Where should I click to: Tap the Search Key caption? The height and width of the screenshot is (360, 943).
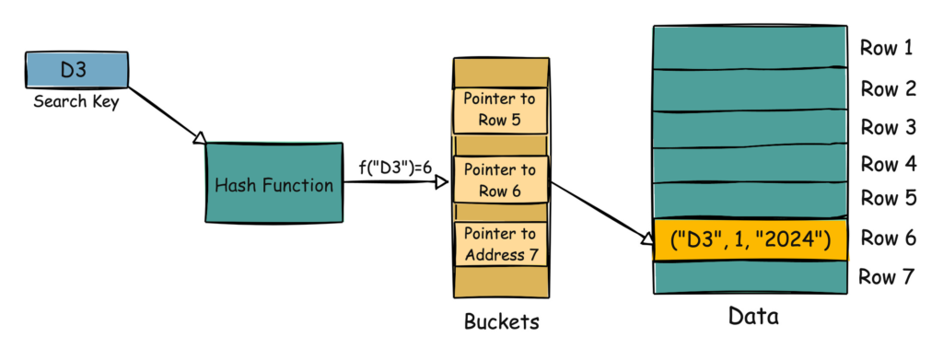(x=76, y=101)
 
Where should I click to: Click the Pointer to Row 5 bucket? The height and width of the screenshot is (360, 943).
(x=500, y=110)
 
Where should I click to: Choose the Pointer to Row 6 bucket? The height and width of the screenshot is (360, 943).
(x=500, y=180)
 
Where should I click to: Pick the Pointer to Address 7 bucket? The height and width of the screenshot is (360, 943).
(x=500, y=243)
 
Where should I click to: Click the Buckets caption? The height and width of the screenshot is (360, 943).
(x=501, y=322)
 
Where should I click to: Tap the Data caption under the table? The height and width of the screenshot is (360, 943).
(x=752, y=318)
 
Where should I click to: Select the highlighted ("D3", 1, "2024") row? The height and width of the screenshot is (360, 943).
(x=751, y=240)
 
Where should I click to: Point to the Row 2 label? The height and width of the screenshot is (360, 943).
(x=888, y=88)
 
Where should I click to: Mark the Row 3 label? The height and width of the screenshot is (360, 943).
(x=888, y=127)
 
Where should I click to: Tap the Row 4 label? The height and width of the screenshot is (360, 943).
(x=888, y=165)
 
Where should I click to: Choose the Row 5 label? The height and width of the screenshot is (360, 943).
(x=888, y=199)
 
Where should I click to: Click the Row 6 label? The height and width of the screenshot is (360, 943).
(x=888, y=238)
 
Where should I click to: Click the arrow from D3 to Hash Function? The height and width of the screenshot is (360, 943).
(x=166, y=115)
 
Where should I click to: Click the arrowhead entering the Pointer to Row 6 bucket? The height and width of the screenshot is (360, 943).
(x=443, y=181)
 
